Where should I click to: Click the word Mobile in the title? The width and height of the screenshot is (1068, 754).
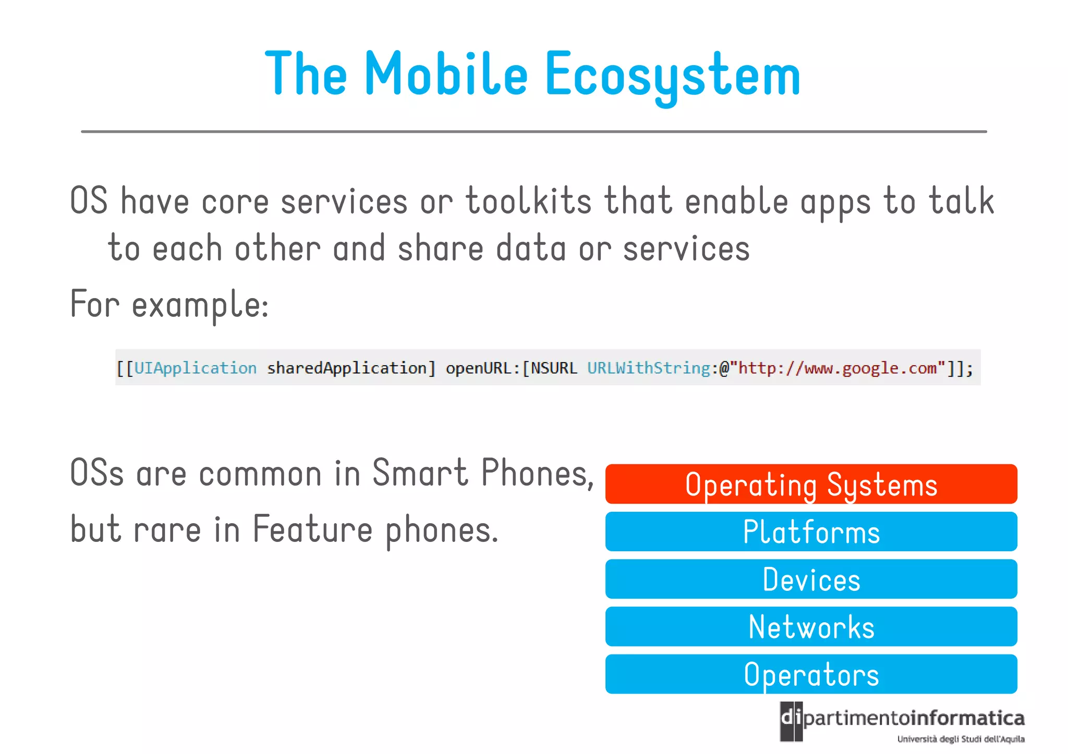tap(446, 74)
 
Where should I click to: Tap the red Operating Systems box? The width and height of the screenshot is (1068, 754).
tap(811, 484)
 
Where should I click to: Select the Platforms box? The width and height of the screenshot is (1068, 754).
tap(811, 531)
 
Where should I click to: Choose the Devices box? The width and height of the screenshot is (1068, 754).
tap(811, 579)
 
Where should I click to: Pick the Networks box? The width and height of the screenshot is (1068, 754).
tap(811, 626)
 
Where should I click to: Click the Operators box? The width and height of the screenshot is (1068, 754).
tap(811, 674)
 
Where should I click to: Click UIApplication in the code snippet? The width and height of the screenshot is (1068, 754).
tap(196, 368)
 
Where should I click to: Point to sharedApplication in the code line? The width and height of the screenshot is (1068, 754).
tap(347, 368)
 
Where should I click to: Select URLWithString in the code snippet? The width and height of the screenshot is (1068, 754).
tap(649, 368)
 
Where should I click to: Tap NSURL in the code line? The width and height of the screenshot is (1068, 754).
tap(554, 368)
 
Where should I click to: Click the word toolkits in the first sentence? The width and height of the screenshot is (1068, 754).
tap(528, 201)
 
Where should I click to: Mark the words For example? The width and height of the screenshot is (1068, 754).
tap(169, 304)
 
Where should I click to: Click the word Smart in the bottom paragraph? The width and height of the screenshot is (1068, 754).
tap(420, 473)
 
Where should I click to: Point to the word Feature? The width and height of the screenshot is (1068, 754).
tap(313, 529)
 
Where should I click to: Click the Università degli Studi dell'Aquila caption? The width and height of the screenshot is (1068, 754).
tap(961, 739)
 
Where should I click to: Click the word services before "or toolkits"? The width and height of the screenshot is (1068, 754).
tap(344, 201)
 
